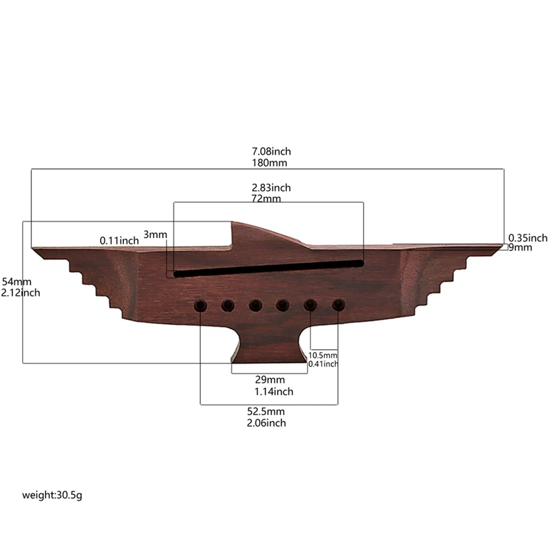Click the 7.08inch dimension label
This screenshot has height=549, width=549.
pyautogui.click(x=271, y=151)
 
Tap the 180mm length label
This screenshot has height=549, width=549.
pyautogui.click(x=269, y=162)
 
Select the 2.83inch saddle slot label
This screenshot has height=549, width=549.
pyautogui.click(x=271, y=188)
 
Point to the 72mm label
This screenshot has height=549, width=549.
pyautogui.click(x=266, y=199)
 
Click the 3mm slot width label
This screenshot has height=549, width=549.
pyautogui.click(x=156, y=235)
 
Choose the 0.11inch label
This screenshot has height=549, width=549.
pyautogui.click(x=119, y=240)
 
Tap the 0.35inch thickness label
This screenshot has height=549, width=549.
pyautogui.click(x=527, y=238)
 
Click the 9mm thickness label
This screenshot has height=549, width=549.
pyautogui.click(x=521, y=248)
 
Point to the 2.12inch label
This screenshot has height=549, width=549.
pyautogui.click(x=21, y=293)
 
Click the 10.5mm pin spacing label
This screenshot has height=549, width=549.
pyautogui.click(x=323, y=355)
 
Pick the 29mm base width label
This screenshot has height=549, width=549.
pyautogui.click(x=269, y=380)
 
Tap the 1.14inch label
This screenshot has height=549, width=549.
pyautogui.click(x=274, y=392)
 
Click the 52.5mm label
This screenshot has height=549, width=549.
pyautogui.click(x=266, y=411)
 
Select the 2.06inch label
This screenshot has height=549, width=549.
pyautogui.click(x=266, y=423)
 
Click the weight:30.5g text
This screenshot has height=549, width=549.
pyautogui.click(x=53, y=495)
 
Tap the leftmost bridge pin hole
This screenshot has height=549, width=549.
pyautogui.click(x=200, y=306)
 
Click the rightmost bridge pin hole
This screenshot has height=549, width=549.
pyautogui.click(x=338, y=304)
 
